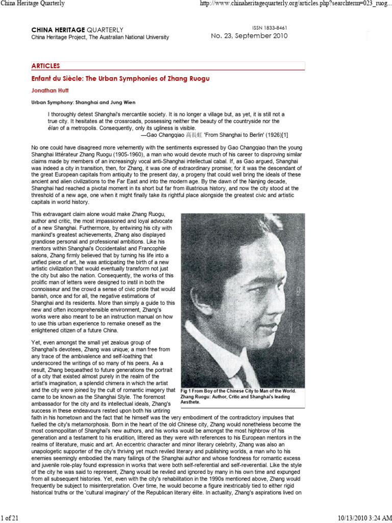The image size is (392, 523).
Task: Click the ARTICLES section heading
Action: pos(46,66)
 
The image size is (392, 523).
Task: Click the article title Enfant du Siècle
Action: pos(120,79)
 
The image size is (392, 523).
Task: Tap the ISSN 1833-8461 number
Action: pos(269,27)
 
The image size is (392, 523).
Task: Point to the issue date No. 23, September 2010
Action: pos(250,36)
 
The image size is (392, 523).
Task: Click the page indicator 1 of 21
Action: pos(10,518)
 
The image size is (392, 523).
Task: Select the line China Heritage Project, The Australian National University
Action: pos(100,37)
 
